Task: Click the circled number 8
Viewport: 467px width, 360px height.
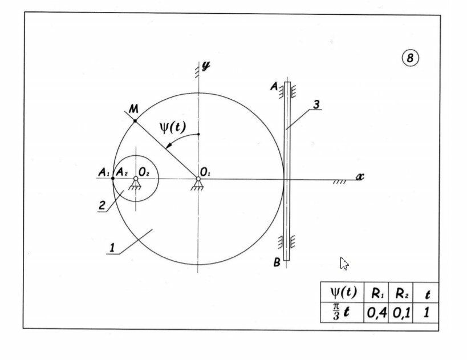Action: click(x=410, y=58)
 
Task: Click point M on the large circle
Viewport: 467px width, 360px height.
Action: click(x=135, y=121)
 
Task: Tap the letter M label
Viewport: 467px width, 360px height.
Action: click(x=133, y=108)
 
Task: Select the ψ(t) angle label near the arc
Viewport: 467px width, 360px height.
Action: click(x=173, y=127)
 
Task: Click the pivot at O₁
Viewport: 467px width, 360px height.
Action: click(x=198, y=179)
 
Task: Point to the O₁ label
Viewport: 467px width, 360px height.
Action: click(x=205, y=171)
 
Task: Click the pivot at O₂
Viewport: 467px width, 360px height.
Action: click(x=136, y=179)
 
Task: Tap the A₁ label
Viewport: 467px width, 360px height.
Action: click(x=103, y=171)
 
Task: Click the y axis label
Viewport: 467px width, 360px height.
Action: click(x=205, y=66)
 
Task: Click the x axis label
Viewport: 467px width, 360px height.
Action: click(x=360, y=176)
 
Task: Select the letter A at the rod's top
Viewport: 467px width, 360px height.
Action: click(x=274, y=87)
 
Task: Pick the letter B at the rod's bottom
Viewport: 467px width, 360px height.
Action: click(x=277, y=263)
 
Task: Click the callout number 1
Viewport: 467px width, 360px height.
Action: click(x=112, y=248)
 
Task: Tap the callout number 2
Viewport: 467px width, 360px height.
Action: click(x=102, y=206)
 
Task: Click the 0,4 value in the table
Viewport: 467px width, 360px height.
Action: click(x=376, y=313)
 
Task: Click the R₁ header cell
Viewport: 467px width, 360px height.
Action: click(x=376, y=294)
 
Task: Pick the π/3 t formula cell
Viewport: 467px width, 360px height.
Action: click(x=342, y=313)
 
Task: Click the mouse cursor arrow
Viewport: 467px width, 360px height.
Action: click(x=344, y=263)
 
